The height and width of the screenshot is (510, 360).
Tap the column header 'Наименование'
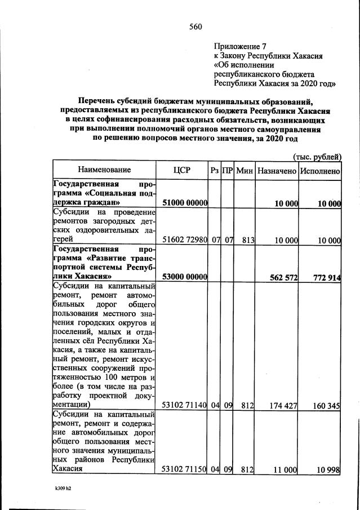[x=104, y=170]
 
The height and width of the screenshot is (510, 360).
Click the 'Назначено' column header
[x=276, y=170]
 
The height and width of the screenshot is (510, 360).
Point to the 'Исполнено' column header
[x=319, y=170]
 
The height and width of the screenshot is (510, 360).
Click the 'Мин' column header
[x=245, y=170]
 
